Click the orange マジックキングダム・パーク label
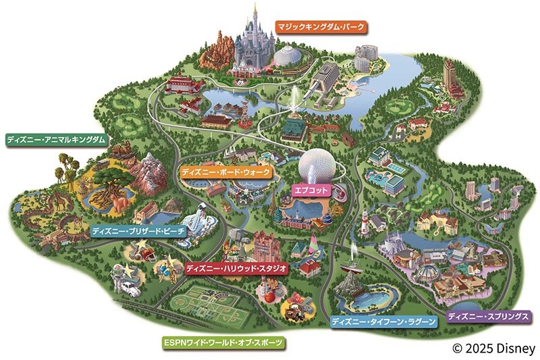(x=320, y=27)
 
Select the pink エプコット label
(x=311, y=190)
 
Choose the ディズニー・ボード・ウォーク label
(x=226, y=173)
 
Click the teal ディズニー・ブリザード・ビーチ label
(x=137, y=231)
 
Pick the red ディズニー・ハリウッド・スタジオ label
(x=237, y=268)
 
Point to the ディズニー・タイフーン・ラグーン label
(x=383, y=322)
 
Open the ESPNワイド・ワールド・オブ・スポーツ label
(x=223, y=342)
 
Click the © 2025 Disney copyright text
(x=494, y=349)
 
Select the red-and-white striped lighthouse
(x=363, y=220)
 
